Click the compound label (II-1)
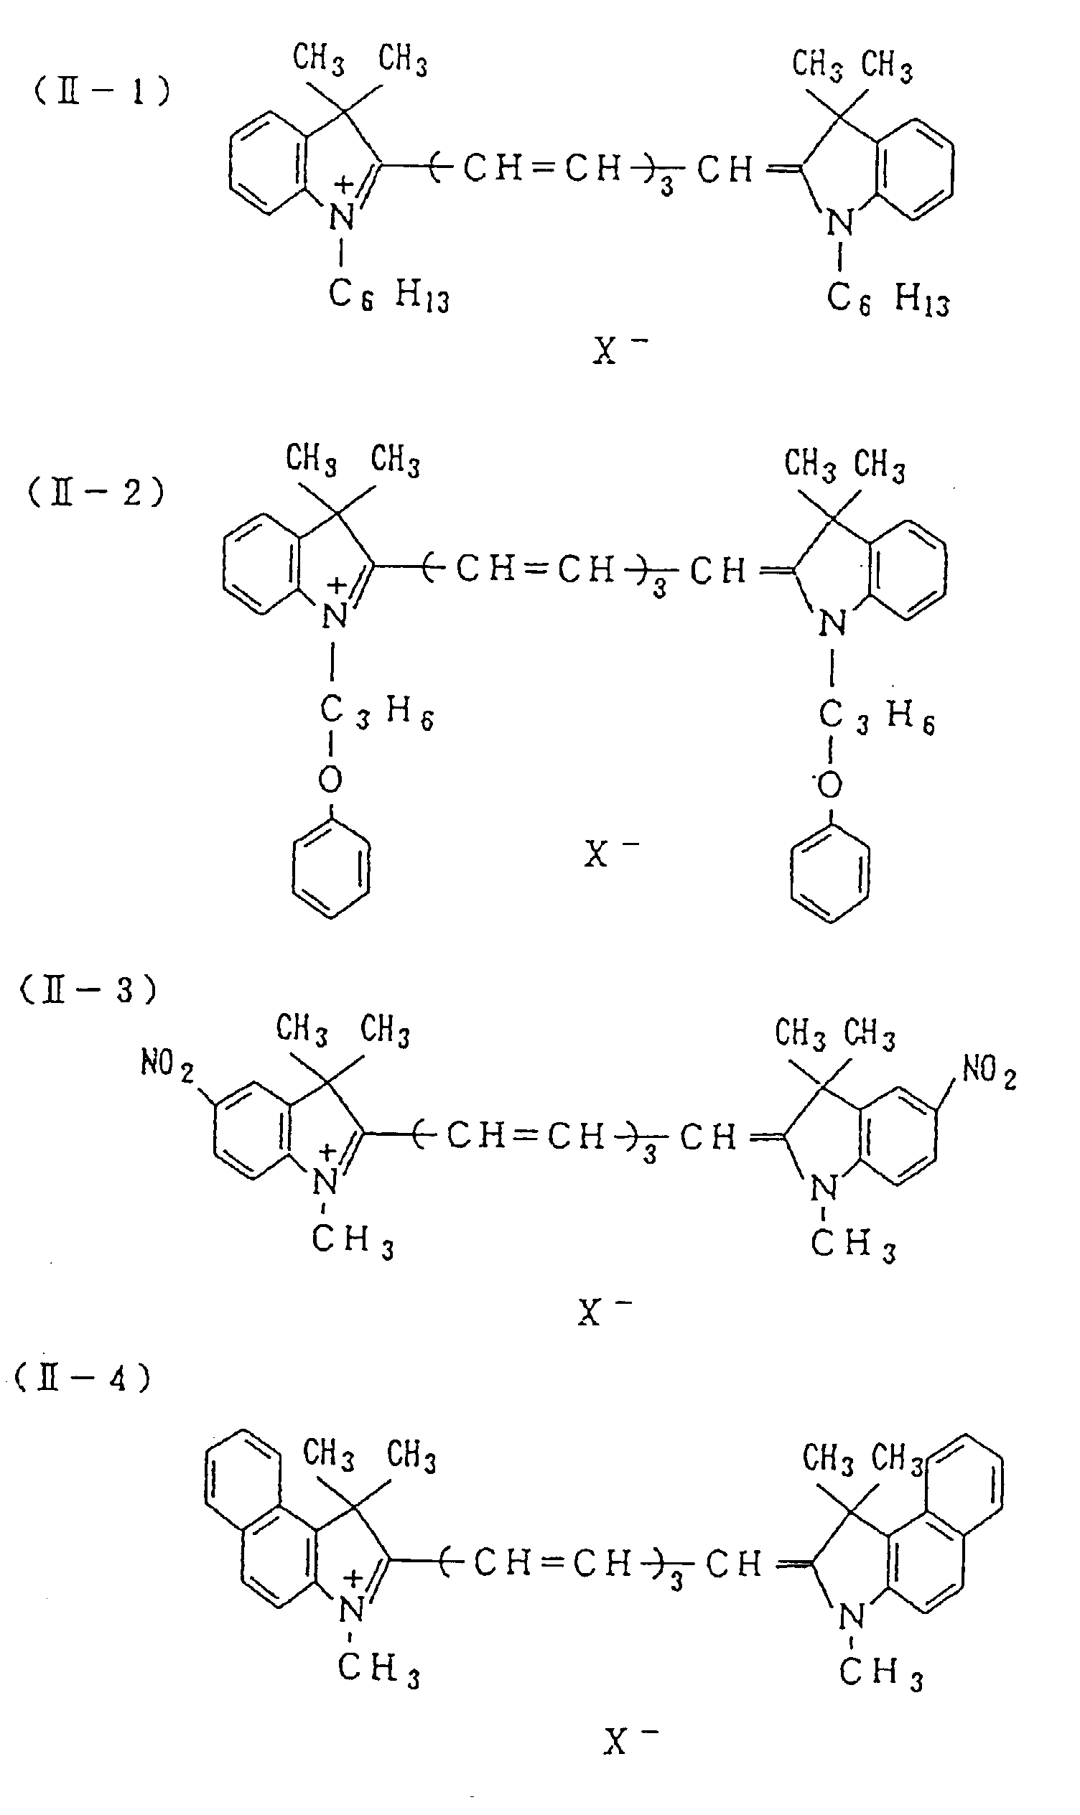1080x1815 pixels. pos(102,93)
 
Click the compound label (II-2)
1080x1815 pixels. pos(96,493)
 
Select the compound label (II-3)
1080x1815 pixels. pos(88,990)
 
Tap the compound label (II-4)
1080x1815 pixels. pos(83,1378)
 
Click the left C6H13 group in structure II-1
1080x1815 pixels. pos(388,295)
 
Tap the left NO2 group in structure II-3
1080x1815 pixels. pos(167,1065)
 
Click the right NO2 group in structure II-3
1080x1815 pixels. pos(988,1071)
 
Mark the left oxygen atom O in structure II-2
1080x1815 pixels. pos(330,780)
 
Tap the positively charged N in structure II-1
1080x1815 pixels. pos(340,216)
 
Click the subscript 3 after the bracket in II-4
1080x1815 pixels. pos(676,1581)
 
